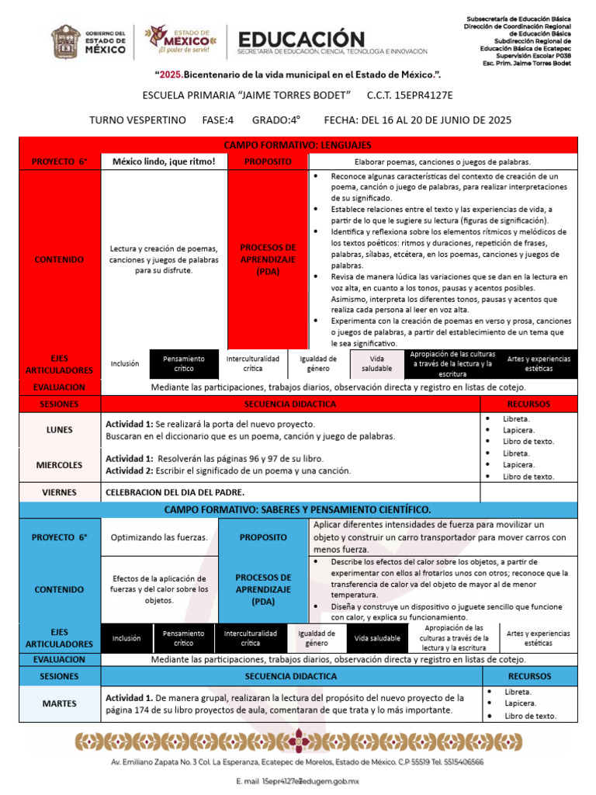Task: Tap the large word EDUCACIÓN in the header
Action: tap(301, 39)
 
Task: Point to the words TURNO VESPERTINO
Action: tap(137, 120)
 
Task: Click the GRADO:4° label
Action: tap(275, 120)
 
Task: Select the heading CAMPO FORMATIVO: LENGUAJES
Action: tap(297, 145)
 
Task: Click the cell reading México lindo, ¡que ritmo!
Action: tap(164, 161)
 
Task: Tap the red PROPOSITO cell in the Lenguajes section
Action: tap(268, 161)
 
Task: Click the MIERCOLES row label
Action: tap(60, 465)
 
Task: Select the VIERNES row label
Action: tap(60, 492)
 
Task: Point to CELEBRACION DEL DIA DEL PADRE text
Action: tap(175, 492)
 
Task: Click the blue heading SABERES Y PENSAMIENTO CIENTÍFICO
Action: tap(297, 509)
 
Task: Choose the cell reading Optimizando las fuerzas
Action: tap(159, 537)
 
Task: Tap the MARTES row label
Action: tap(60, 703)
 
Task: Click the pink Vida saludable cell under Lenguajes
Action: tap(376, 364)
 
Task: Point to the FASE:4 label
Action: tap(217, 120)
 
